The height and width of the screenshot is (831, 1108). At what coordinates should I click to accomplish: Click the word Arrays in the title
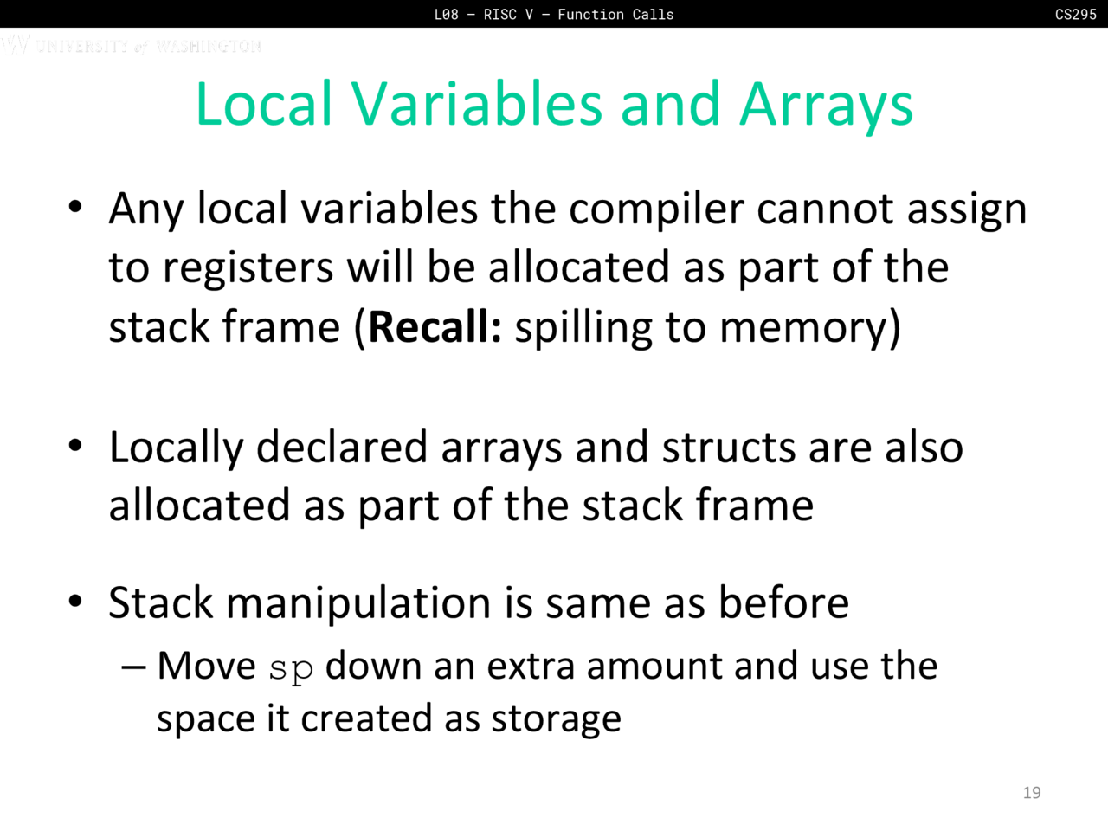pos(827,105)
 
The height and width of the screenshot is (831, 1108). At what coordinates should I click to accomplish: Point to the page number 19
pos(1032,793)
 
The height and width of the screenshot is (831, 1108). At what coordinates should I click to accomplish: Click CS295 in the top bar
pos(1076,14)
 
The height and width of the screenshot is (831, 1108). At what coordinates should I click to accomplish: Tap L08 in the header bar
pos(446,14)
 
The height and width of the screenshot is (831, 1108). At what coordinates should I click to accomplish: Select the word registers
pos(248,268)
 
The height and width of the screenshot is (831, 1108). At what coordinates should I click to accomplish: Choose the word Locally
pos(177,449)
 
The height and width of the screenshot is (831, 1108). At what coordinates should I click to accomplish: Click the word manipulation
pos(358,604)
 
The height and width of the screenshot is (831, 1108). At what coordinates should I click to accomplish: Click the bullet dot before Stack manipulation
pos(75,602)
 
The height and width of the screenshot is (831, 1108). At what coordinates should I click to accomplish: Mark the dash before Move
pos(134,668)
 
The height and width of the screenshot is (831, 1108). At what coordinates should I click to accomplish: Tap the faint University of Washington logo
pos(132,45)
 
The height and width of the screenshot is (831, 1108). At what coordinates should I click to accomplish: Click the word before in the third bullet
pos(783,603)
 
